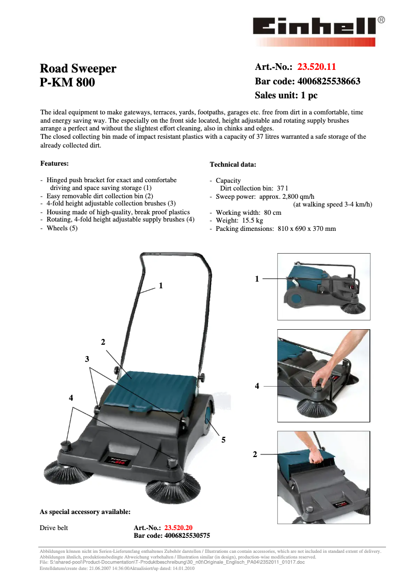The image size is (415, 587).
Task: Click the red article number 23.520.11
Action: pyautogui.click(x=317, y=67)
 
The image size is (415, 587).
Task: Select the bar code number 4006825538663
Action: pyautogui.click(x=329, y=81)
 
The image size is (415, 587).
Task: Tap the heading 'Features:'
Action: pyautogui.click(x=54, y=164)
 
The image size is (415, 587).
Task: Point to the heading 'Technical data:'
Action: pyautogui.click(x=233, y=165)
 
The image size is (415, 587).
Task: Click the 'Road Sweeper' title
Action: pyautogui.click(x=78, y=69)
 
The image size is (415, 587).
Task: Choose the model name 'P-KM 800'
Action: pyautogui.click(x=67, y=82)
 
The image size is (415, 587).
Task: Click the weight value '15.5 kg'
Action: pyautogui.click(x=253, y=221)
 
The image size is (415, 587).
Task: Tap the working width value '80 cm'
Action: pyautogui.click(x=273, y=213)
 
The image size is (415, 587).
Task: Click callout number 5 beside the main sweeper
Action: pyautogui.click(x=224, y=440)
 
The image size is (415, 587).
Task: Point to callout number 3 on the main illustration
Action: pyautogui.click(x=87, y=359)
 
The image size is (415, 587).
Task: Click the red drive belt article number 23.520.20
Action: pyautogui.click(x=178, y=528)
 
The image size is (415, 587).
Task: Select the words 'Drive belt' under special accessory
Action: pyautogui.click(x=54, y=528)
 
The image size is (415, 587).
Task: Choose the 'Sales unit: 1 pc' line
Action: pyautogui.click(x=286, y=95)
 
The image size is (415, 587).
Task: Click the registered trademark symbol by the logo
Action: pyautogui.click(x=381, y=20)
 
